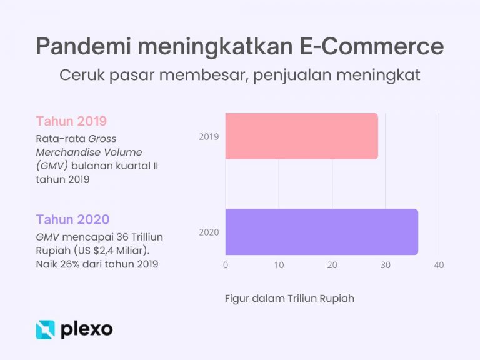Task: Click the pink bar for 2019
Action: click(301, 136)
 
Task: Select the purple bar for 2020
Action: click(321, 232)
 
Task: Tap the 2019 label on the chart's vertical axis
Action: click(209, 136)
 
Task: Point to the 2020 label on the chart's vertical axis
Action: click(209, 232)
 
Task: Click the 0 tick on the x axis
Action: click(226, 265)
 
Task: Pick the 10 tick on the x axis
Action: click(279, 265)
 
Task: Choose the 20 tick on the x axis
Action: click(332, 265)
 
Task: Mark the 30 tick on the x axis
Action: click(386, 265)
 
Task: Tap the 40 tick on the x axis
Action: click(439, 265)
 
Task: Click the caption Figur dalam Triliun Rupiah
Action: click(289, 298)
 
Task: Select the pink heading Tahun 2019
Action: click(71, 121)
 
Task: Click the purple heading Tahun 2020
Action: click(72, 219)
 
